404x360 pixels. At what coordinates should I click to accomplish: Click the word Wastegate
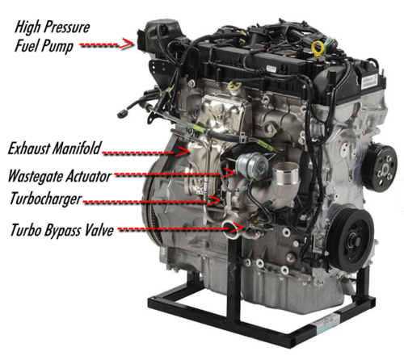(x=41, y=175)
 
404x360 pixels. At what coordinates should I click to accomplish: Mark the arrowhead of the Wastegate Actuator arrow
(x=231, y=171)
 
